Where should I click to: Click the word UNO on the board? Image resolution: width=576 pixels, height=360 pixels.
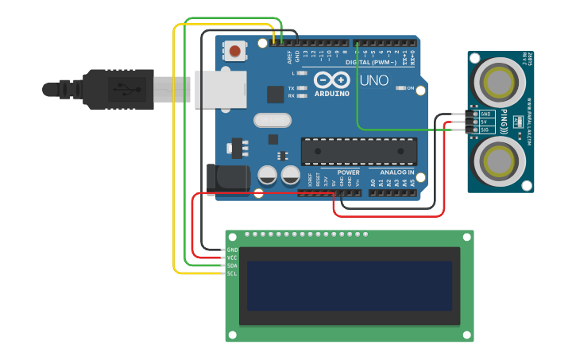(374, 80)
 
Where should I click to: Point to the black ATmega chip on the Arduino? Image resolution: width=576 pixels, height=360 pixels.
(358, 151)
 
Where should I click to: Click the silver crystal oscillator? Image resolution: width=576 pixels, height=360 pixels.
(273, 120)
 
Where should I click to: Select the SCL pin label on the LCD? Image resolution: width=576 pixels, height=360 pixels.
(232, 273)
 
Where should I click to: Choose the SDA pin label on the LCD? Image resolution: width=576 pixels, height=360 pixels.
(232, 265)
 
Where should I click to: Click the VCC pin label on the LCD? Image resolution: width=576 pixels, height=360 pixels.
(232, 257)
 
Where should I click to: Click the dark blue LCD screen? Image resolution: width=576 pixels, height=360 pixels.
(349, 286)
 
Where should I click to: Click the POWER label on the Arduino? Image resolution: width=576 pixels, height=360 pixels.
(348, 172)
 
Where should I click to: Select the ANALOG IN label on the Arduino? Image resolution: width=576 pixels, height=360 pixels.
(396, 172)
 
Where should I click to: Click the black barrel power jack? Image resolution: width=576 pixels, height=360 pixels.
(223, 177)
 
